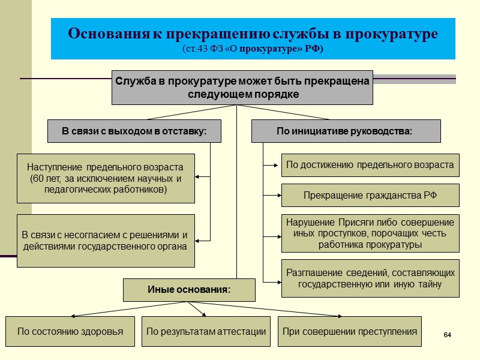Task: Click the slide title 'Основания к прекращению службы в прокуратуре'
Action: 253,33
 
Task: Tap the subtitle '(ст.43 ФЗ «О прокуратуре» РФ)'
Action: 253,49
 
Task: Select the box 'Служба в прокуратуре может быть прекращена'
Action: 242,88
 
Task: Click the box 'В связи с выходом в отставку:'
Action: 134,131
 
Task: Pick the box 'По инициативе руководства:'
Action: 345,131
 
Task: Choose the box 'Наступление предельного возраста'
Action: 106,178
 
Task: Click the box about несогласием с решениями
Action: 106,241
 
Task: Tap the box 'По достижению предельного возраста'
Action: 370,165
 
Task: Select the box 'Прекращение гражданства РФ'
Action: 370,196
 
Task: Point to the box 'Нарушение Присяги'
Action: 370,233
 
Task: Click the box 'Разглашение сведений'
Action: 370,278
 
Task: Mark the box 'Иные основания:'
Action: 189,290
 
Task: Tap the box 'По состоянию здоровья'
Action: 70,331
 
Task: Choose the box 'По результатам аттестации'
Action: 206,331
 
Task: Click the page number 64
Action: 446,334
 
